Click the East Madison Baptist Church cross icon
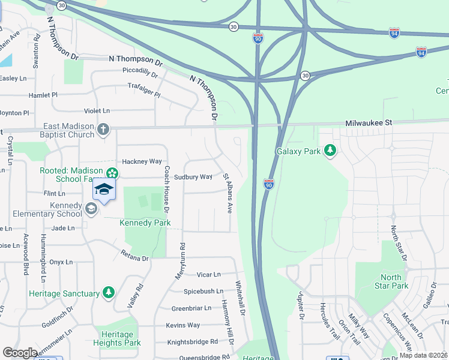(103, 129)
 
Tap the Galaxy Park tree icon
(329, 150)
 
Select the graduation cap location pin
(104, 190)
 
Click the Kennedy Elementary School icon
(91, 208)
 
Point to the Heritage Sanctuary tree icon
(109, 293)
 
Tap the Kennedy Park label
(145, 223)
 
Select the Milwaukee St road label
(369, 122)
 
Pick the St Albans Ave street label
(228, 193)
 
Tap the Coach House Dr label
(166, 187)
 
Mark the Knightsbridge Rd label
(193, 341)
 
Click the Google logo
(20, 353)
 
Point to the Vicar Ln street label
(208, 274)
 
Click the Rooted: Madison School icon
(112, 174)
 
